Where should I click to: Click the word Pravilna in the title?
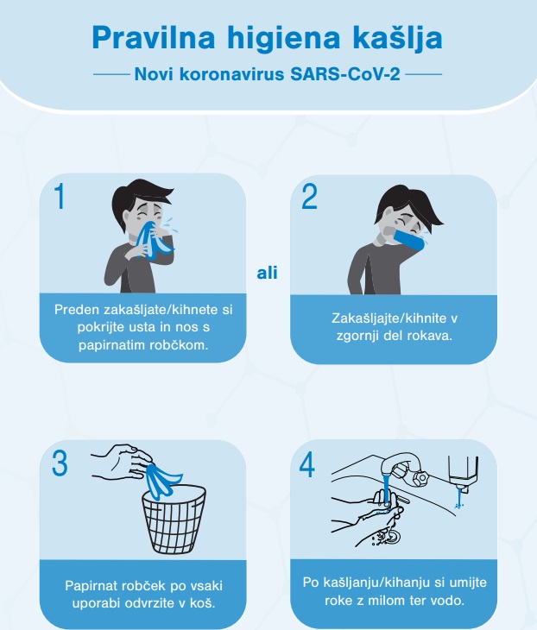(x=154, y=38)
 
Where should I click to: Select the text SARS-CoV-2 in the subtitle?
(x=345, y=74)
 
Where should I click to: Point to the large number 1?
(x=60, y=196)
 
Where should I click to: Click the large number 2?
(x=309, y=197)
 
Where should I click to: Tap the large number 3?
(x=60, y=463)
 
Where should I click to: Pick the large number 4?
(x=307, y=464)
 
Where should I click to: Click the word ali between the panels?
(x=268, y=273)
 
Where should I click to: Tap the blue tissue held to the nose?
(x=152, y=238)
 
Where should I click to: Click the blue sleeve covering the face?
(x=408, y=239)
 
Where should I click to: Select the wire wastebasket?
(x=174, y=520)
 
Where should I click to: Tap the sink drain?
(x=392, y=535)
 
